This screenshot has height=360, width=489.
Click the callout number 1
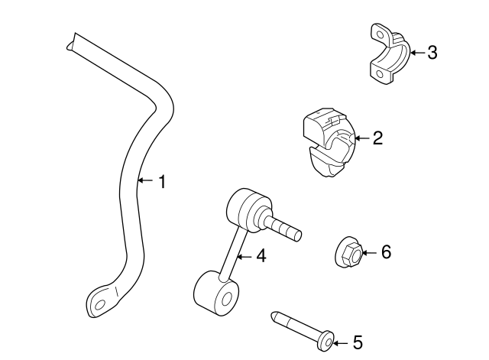click(161, 181)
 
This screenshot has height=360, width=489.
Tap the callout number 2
click(377, 138)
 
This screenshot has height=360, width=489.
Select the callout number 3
click(432, 53)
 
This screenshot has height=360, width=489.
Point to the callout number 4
click(261, 256)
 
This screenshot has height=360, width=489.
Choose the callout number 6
click(385, 251)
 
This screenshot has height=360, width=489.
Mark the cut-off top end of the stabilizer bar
click(70, 40)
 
